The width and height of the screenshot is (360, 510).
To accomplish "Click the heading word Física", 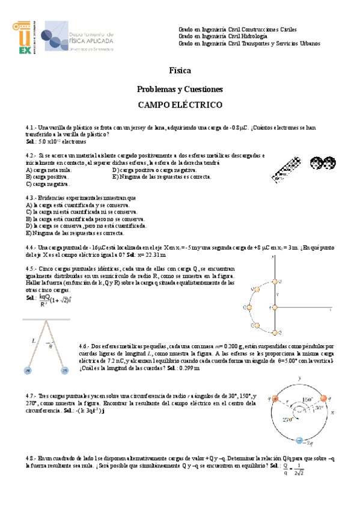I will pyautogui.click(x=180, y=70).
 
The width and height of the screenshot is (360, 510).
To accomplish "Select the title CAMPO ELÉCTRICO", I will pyautogui.click(x=180, y=105).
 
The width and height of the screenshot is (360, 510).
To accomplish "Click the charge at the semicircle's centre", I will pyautogui.click(x=275, y=308).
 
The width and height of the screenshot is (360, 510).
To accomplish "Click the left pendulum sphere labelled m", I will pyautogui.click(x=27, y=371).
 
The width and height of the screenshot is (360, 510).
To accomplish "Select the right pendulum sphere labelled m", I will pyautogui.click(x=64, y=371).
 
